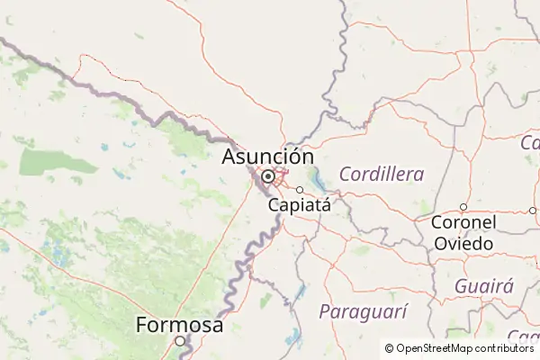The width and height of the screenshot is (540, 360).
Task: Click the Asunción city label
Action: [267, 157]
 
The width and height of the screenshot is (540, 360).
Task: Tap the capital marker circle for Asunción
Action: [267, 175]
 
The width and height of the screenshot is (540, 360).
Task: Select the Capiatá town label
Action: [300, 204]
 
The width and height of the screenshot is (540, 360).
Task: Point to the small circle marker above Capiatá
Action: [300, 189]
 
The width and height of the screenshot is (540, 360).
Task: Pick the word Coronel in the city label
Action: [463, 222]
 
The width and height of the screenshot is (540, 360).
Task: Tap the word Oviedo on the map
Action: [463, 243]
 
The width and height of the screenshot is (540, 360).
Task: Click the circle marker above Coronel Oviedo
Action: [463, 207]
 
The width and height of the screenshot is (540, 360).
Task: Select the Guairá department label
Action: [483, 286]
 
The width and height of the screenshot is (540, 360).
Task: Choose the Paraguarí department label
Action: [363, 311]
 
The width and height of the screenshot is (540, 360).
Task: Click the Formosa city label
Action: [179, 324]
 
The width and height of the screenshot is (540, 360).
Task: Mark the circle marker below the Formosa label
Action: [179, 340]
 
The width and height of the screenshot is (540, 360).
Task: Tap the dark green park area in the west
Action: [46, 160]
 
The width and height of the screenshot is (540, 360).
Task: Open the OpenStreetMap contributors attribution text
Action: [464, 348]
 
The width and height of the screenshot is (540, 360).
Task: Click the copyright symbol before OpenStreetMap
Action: [389, 348]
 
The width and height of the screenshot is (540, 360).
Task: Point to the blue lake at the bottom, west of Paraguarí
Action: [292, 338]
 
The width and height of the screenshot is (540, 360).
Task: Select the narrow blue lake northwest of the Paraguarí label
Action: [300, 290]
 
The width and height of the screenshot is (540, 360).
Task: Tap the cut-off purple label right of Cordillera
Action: [530, 142]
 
